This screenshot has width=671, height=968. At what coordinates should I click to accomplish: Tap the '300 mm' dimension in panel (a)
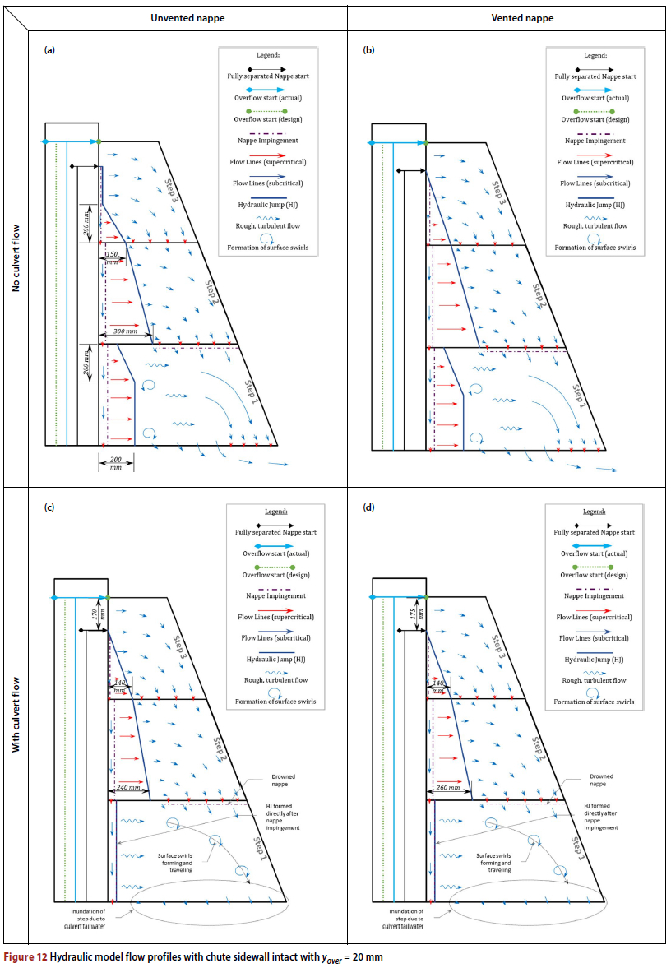[125, 328]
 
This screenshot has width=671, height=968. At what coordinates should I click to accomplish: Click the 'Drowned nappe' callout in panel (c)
[283, 780]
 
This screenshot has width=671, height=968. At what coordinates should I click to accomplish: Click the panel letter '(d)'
[368, 507]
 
